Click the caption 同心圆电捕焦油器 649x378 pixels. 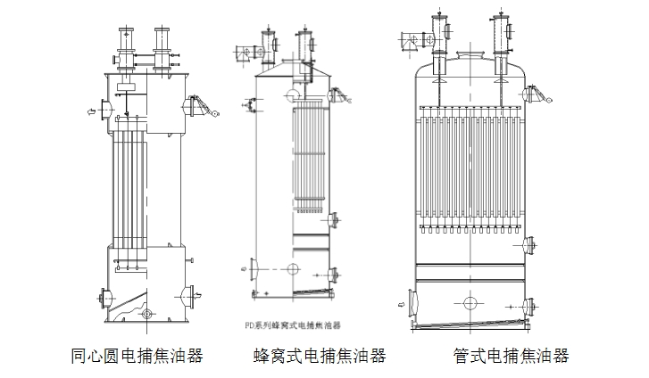click(137, 357)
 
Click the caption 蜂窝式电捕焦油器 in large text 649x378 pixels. click(320, 357)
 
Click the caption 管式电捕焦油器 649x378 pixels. click(510, 357)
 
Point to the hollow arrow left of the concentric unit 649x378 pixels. click(91, 111)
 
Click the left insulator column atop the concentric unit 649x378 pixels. click(125, 45)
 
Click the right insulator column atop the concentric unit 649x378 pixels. click(162, 45)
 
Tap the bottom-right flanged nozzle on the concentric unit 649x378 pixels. click(192, 293)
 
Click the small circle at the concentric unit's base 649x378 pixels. click(147, 313)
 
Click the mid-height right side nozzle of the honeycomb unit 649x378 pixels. click(334, 219)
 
